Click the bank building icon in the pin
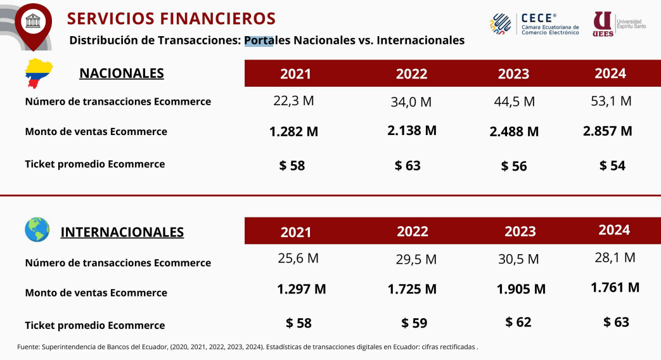click(x=33, y=21)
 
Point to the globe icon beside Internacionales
click(x=37, y=230)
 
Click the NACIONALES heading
click(x=122, y=73)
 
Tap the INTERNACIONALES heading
click(x=122, y=232)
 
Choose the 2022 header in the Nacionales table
click(x=411, y=74)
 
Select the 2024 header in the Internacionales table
click(x=614, y=229)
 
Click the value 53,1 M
click(x=610, y=101)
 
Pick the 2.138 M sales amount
click(x=412, y=131)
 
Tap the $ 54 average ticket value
click(x=612, y=165)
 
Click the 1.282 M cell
click(x=293, y=132)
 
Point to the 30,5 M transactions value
click(x=518, y=259)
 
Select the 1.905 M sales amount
click(x=521, y=289)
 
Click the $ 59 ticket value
click(x=414, y=323)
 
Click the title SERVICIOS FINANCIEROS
click(x=171, y=18)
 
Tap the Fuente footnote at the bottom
click(x=247, y=347)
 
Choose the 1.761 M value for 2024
click(x=615, y=288)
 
